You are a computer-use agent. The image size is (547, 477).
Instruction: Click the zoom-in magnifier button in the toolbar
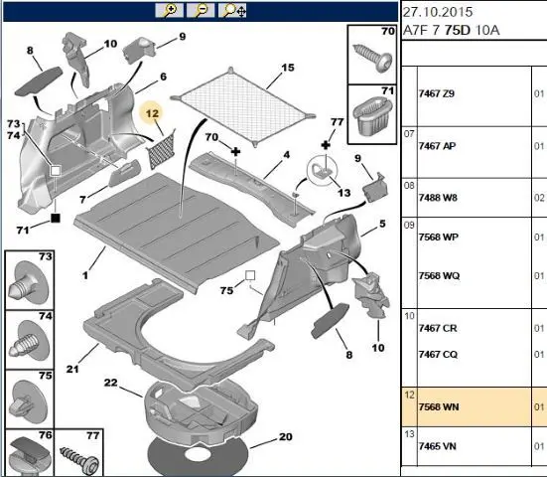(x=169, y=10)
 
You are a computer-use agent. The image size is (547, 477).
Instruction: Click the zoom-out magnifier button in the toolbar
(x=201, y=10)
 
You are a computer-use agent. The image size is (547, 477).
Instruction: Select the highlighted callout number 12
(x=152, y=113)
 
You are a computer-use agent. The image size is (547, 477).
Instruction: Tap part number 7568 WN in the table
(x=439, y=406)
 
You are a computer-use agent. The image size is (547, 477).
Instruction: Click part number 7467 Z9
(x=437, y=93)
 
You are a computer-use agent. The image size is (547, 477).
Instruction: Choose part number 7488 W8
(x=438, y=198)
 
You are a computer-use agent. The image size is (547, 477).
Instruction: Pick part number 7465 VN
(x=437, y=446)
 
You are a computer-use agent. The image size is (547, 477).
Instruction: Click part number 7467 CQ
(x=438, y=355)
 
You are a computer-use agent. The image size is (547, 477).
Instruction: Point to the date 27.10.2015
(x=438, y=12)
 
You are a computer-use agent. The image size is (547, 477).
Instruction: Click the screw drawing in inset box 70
(x=373, y=58)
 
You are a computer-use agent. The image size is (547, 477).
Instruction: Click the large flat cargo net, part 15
(x=243, y=105)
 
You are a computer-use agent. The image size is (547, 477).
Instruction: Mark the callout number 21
(x=72, y=369)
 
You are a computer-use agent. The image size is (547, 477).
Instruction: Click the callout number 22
(x=110, y=383)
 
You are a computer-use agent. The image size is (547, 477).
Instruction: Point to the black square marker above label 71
(x=56, y=218)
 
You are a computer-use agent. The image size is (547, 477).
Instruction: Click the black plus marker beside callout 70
(x=236, y=152)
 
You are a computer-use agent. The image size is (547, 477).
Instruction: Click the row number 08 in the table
(x=409, y=186)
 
